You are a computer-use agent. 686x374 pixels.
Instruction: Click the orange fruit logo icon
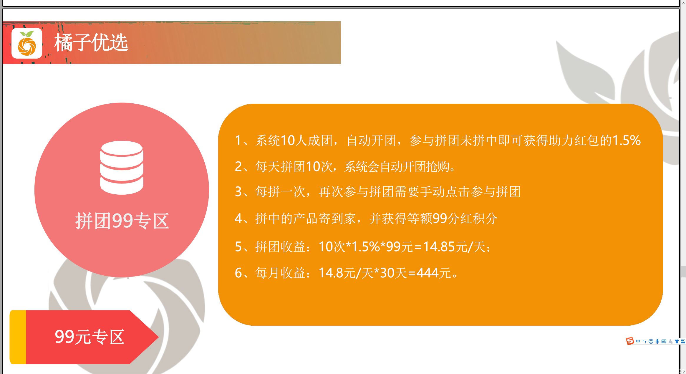click(x=27, y=43)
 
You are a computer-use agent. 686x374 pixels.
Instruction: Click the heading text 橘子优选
click(x=91, y=43)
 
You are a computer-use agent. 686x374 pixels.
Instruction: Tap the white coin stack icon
click(x=122, y=168)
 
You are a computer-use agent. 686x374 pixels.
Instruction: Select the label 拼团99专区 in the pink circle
click(x=122, y=221)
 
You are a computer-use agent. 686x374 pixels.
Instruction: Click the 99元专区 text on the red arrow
click(x=90, y=337)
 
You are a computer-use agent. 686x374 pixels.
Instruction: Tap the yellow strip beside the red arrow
click(x=18, y=337)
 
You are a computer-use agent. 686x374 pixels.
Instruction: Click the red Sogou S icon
click(x=630, y=341)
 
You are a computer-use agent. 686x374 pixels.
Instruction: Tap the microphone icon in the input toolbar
click(x=657, y=341)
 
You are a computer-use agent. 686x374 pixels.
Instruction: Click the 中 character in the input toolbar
click(x=638, y=341)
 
